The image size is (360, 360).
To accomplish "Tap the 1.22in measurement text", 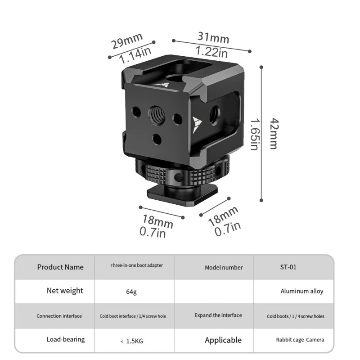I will (211, 52).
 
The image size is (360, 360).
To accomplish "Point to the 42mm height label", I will (273, 133).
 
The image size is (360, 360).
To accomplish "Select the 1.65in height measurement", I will (255, 134).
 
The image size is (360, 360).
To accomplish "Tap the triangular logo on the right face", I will (197, 124).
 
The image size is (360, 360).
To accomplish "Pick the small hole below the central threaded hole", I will (157, 139).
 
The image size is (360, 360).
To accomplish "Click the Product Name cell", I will (60, 267).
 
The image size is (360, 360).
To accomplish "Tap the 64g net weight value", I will (131, 292).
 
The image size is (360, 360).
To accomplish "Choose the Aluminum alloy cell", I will (301, 291).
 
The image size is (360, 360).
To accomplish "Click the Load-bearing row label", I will (65, 339).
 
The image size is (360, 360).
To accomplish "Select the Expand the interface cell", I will (218, 315).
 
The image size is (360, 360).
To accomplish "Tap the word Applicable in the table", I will (223, 340).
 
